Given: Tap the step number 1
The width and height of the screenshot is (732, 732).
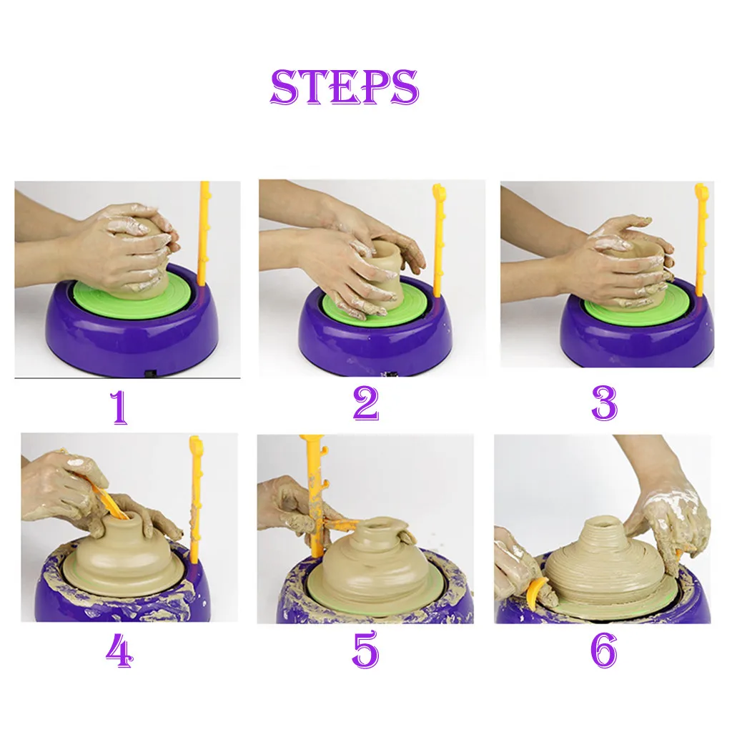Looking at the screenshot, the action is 119,407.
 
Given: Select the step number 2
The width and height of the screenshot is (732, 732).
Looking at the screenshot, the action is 365,403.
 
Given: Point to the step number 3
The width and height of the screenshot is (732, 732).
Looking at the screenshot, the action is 604,403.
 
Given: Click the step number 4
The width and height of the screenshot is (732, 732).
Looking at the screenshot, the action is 119,652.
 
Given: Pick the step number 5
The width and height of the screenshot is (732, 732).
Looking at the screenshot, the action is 365,649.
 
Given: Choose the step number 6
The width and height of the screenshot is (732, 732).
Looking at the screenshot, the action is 603,650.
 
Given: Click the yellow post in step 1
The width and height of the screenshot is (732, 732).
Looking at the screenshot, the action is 204,234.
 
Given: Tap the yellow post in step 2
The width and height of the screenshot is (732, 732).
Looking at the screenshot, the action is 439,240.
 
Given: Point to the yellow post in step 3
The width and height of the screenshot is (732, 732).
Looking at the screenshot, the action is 701,240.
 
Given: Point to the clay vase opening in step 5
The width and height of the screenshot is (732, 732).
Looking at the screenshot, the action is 380,524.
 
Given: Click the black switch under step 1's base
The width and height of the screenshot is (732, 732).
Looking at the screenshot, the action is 150,373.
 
